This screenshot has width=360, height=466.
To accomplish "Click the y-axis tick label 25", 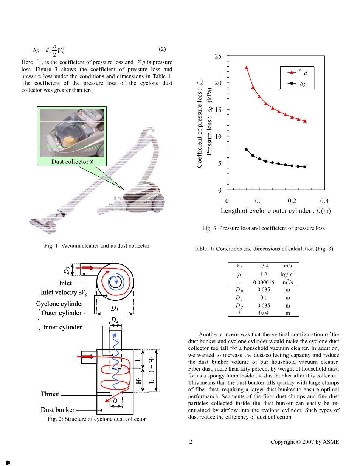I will pos(218,57).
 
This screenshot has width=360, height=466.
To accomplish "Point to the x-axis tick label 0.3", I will pos(324,201).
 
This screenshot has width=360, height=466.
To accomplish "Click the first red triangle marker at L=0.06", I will pos(247,68).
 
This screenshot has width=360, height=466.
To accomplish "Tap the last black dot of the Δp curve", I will pos(305,167).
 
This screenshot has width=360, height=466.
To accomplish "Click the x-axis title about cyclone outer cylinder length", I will pos(276,211).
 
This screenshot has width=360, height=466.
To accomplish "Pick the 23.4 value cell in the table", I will pos(264,266).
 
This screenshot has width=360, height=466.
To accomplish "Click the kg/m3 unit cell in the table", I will pos(288,273).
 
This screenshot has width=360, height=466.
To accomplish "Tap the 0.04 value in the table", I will pos(264,313).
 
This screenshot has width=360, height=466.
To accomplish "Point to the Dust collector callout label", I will pos(70,162).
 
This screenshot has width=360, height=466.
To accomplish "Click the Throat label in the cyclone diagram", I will pos(50,394).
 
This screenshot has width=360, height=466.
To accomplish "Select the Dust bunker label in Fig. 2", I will pos(57,410).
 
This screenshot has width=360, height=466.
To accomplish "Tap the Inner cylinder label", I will pos(62,327).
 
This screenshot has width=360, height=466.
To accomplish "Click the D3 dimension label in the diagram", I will pos(116,401).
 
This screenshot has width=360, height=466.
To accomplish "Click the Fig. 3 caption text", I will pos(263,228).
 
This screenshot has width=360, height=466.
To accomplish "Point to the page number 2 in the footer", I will pos(191,442).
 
